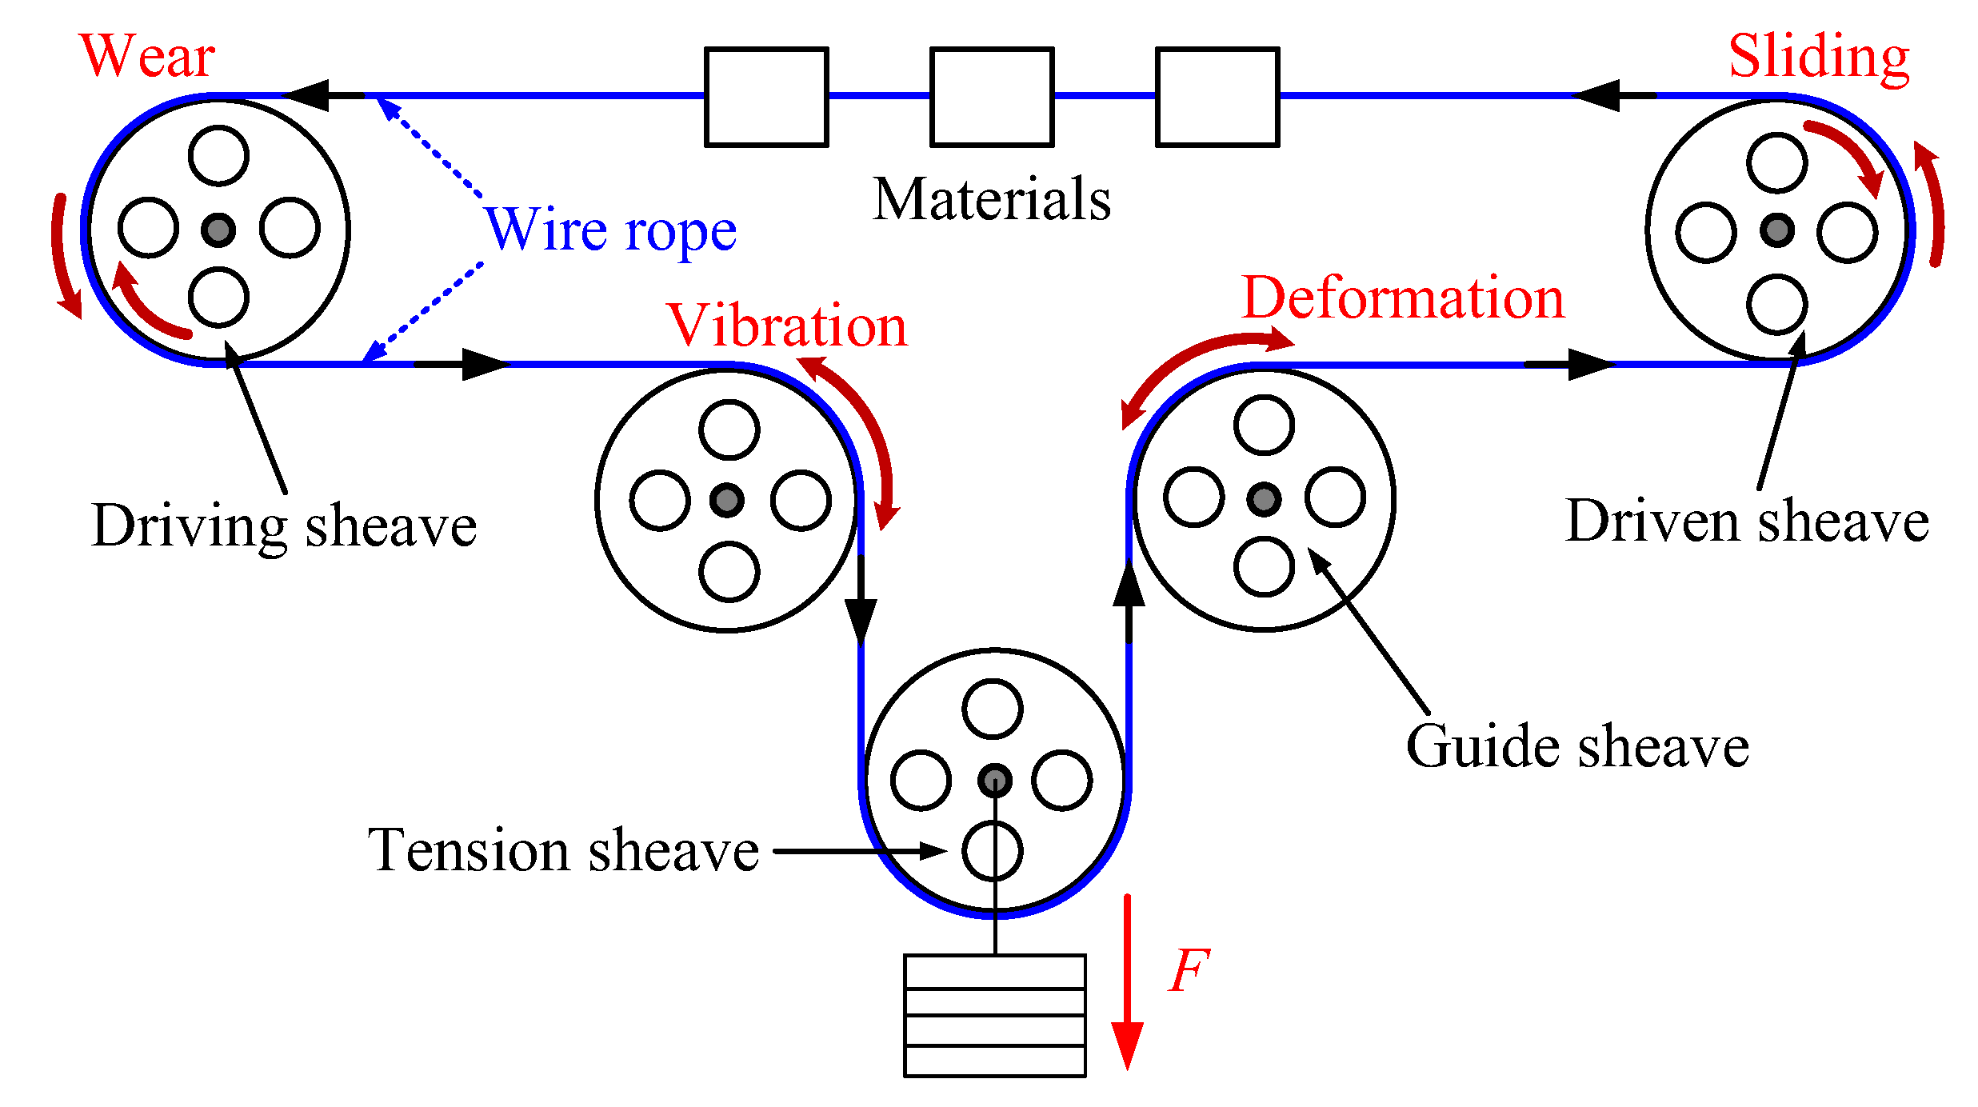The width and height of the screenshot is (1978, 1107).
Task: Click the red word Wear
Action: pos(147,57)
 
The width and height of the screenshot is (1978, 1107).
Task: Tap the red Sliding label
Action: pos(1819,57)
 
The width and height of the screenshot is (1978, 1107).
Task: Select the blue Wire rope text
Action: pos(610,230)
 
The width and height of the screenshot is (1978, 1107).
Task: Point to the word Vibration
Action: pos(787,326)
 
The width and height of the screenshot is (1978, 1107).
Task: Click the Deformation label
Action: pos(1403,298)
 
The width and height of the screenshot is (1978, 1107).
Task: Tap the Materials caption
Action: pos(992,199)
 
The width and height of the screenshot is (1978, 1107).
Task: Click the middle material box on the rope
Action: pos(992,97)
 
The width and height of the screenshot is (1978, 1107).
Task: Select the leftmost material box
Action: pos(766,97)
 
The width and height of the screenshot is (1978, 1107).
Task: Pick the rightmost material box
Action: pos(1217,97)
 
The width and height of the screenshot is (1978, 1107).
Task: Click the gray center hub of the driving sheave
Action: pos(218,230)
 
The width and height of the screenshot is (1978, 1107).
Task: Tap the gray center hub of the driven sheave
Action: pos(1777,230)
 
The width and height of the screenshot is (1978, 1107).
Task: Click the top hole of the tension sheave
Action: pos(993,709)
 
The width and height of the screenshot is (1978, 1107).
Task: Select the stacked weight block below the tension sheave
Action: pos(994,1015)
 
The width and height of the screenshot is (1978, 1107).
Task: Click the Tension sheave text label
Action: pos(563,850)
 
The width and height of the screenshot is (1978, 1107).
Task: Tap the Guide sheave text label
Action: pos(1577,746)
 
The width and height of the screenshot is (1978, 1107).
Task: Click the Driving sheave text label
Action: pos(284,526)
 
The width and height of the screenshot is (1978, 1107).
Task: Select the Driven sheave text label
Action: pos(1747,522)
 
